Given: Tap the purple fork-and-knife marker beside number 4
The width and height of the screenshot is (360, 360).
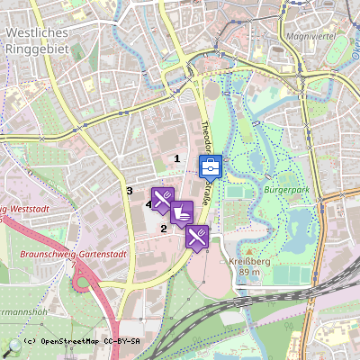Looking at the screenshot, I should [162, 198].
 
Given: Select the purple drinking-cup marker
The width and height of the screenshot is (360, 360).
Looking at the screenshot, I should [182, 212].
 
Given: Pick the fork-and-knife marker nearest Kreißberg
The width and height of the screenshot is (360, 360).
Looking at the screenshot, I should [198, 236].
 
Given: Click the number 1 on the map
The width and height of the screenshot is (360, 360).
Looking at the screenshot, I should [176, 158].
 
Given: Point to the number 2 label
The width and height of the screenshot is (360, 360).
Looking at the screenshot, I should [163, 229].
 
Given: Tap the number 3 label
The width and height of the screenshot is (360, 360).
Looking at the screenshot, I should [130, 191].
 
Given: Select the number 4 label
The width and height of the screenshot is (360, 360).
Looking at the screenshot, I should [148, 204].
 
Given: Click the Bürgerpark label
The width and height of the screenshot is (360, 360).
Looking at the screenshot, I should [288, 191].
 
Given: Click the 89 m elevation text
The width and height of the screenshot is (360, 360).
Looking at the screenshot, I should [250, 272].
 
